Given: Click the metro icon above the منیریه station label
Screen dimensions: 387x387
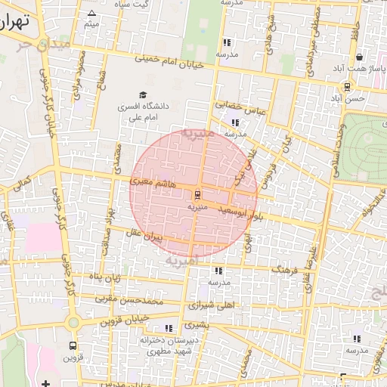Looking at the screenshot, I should point(198,193).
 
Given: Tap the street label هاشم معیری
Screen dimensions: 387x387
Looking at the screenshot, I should point(153,182).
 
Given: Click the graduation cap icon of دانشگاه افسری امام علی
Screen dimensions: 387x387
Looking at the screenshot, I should point(143,95).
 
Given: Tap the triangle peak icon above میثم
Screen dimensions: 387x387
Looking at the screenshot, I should point(92,13).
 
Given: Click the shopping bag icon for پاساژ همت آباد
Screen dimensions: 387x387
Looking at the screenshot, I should point(358,57).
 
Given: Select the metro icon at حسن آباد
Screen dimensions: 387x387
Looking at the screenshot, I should point(346,86).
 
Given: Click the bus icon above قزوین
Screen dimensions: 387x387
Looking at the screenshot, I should point(73,345).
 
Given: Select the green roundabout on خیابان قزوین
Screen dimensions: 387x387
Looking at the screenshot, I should point(73,323).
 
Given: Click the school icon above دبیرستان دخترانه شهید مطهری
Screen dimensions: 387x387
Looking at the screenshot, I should point(168,328).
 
